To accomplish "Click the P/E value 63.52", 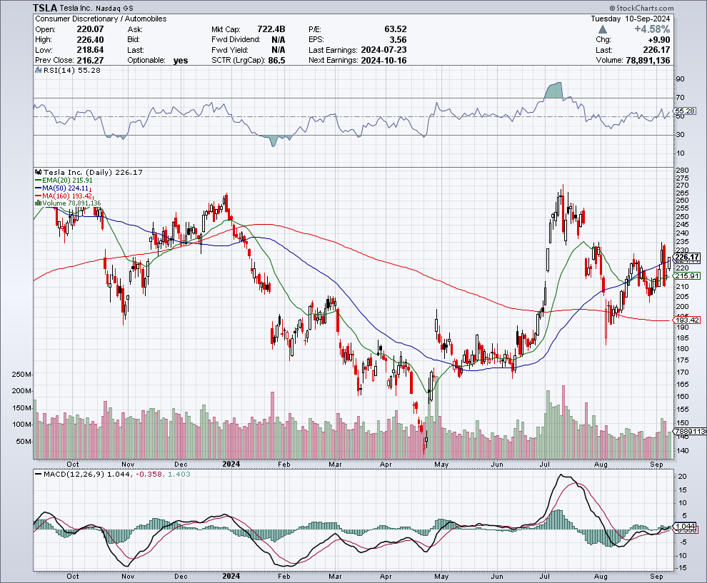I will point(395,29).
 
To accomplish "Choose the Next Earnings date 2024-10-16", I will point(383,61).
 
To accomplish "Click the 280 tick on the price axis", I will point(683,169).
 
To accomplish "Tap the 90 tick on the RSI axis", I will point(680,79).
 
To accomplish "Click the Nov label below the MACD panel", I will point(128,575).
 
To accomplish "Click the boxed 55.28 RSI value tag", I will point(684,111).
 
